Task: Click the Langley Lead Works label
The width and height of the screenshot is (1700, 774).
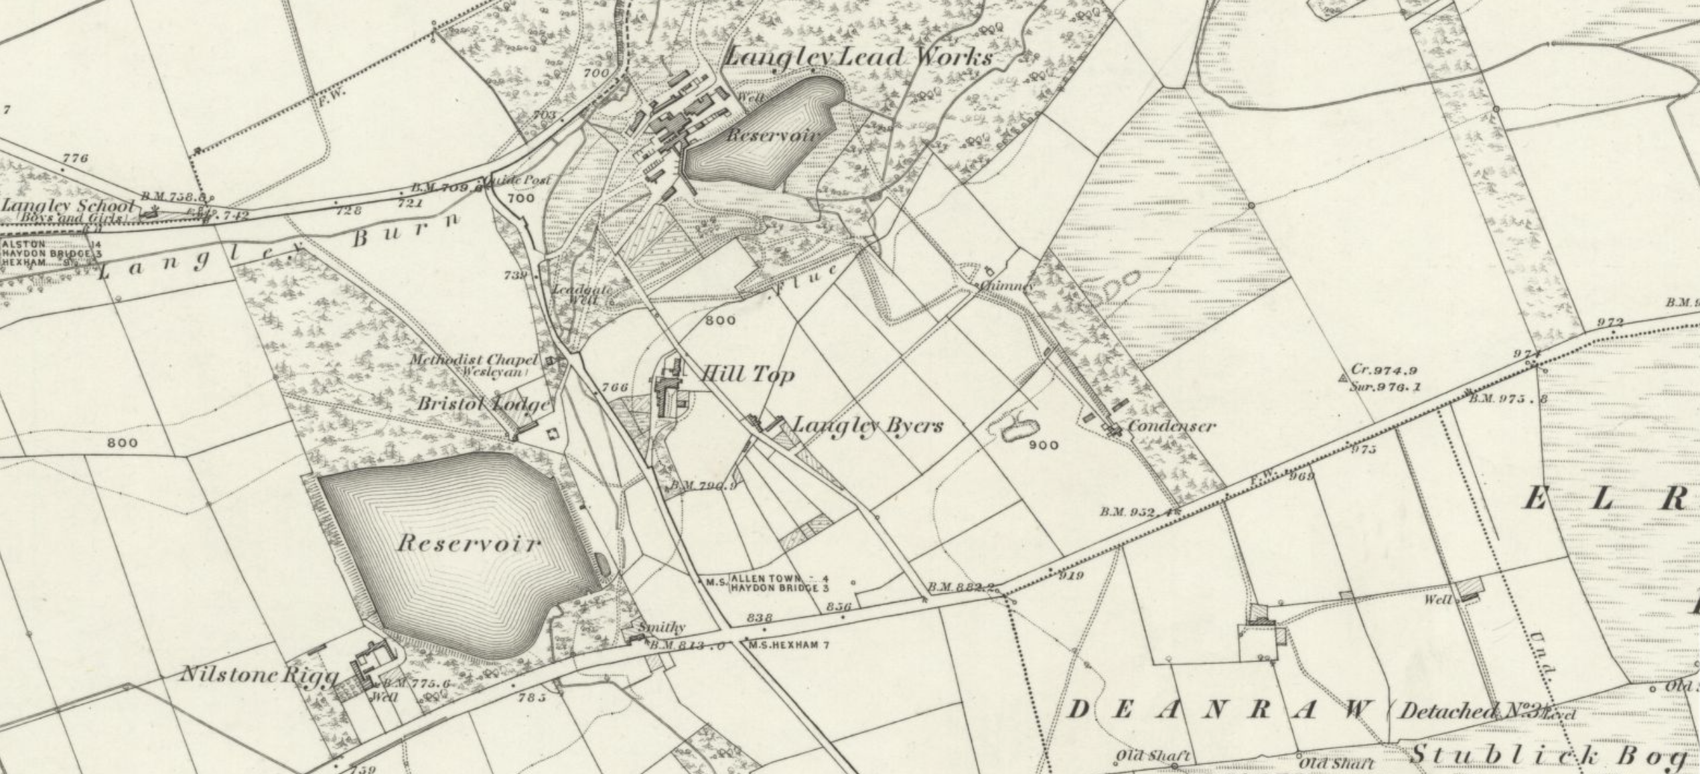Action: pyautogui.click(x=859, y=57)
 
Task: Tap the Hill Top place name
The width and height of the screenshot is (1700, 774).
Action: pyautogui.click(x=748, y=374)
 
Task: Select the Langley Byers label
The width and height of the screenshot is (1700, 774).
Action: pyautogui.click(x=868, y=425)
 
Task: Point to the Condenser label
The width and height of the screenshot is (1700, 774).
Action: pyautogui.click(x=1172, y=426)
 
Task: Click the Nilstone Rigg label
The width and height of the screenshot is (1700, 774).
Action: pyautogui.click(x=259, y=674)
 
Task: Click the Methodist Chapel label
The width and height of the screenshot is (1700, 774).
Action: pyautogui.click(x=473, y=360)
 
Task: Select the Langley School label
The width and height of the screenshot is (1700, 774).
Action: pyautogui.click(x=68, y=205)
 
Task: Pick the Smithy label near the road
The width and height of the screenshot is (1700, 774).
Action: pyautogui.click(x=662, y=627)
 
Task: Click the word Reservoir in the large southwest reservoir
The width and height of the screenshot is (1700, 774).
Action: pyautogui.click(x=468, y=543)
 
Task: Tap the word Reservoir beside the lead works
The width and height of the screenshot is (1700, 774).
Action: pyautogui.click(x=773, y=135)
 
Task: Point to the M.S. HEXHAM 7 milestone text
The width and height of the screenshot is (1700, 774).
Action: pyautogui.click(x=789, y=645)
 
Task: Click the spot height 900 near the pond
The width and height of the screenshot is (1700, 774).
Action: pyautogui.click(x=1044, y=445)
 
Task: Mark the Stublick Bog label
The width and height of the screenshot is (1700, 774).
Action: pyautogui.click(x=1547, y=756)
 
